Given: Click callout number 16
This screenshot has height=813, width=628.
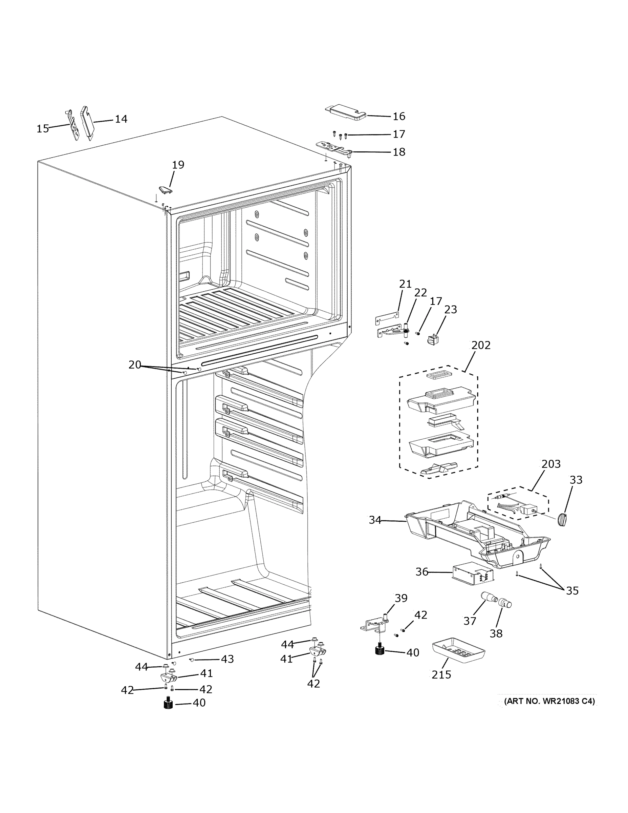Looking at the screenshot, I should [x=399, y=117].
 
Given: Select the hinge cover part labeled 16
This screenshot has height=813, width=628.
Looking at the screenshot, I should [x=346, y=112].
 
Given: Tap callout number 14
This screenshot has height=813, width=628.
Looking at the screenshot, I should [x=121, y=119].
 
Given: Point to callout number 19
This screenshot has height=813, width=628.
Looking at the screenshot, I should [x=178, y=165].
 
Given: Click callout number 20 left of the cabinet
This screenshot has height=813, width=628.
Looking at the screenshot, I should [x=135, y=365].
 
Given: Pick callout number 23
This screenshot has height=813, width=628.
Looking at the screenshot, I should [x=451, y=309].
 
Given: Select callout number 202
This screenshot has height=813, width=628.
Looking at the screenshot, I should [x=481, y=345].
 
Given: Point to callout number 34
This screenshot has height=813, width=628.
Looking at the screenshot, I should [x=375, y=520].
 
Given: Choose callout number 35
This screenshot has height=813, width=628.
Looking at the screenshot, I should [x=572, y=591].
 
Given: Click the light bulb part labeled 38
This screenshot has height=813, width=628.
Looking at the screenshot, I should [x=504, y=602].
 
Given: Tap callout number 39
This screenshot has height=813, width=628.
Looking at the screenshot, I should [x=401, y=598].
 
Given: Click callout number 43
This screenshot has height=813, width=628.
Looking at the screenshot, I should [x=227, y=659].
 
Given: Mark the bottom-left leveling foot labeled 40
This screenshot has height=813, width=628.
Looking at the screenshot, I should [x=169, y=704].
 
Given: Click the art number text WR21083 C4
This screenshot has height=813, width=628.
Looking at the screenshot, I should [x=549, y=701].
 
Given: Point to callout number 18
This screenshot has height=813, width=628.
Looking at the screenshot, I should [x=399, y=152].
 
